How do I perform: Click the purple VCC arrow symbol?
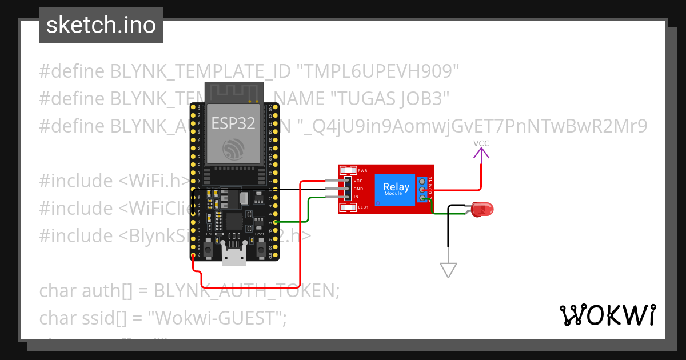tap(481, 152)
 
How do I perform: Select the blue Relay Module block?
tap(396, 189)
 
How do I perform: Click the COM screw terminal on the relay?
tap(422, 189)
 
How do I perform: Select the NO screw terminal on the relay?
tap(422, 198)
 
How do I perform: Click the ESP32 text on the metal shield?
tap(233, 123)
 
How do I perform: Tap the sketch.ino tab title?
tap(101, 25)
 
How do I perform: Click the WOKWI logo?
tap(607, 315)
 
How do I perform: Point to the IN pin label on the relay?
tap(356, 197)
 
